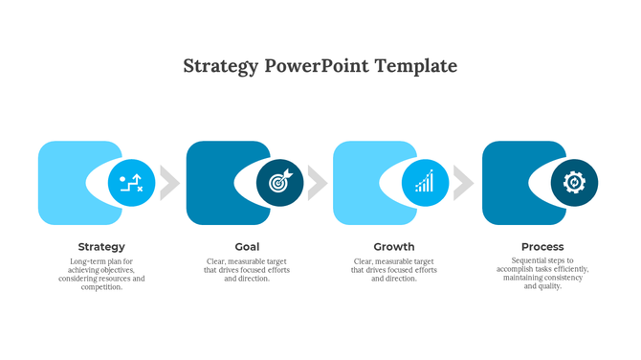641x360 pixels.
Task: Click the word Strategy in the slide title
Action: (x=220, y=66)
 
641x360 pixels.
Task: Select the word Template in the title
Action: (x=416, y=66)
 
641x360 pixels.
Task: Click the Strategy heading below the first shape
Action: (x=101, y=247)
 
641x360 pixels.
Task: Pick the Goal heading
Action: (x=247, y=247)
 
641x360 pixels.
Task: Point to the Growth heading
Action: (x=394, y=247)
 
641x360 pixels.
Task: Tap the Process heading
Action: (x=542, y=247)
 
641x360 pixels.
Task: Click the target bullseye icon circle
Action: (x=279, y=183)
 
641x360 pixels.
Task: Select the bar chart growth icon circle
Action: (x=425, y=183)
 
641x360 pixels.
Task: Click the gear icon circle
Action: (x=574, y=183)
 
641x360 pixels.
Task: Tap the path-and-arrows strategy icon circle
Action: (x=131, y=183)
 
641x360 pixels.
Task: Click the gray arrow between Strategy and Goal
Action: (x=169, y=183)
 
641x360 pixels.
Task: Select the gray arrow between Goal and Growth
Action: (x=317, y=183)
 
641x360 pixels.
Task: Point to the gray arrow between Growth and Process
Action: (x=464, y=183)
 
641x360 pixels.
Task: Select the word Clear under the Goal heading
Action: (x=217, y=261)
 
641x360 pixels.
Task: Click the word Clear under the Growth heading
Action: (x=365, y=261)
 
